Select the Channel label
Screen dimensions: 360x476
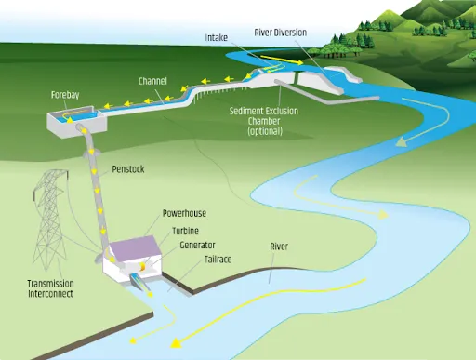click(x=152, y=81)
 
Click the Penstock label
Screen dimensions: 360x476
click(x=126, y=170)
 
